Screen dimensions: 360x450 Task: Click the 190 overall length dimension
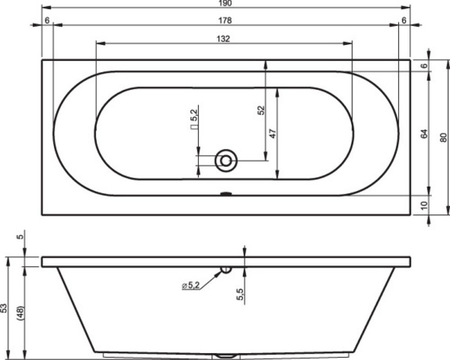click(226, 5)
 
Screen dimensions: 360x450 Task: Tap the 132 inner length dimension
click(223, 39)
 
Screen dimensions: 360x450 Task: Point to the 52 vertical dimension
click(261, 110)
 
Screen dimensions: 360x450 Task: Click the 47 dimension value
click(274, 133)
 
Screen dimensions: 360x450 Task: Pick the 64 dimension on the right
click(424, 134)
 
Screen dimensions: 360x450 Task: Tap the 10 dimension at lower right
click(424, 204)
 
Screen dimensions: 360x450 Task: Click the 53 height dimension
click(5, 308)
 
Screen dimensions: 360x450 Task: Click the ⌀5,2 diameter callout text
click(192, 286)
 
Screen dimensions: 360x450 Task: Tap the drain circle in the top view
click(225, 160)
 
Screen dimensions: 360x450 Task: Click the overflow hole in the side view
click(226, 268)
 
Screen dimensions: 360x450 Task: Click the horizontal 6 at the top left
click(46, 20)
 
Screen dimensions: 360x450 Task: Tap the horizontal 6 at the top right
click(404, 20)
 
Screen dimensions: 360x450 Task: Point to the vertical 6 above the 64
click(424, 67)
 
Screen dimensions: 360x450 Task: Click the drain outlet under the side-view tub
click(225, 355)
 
